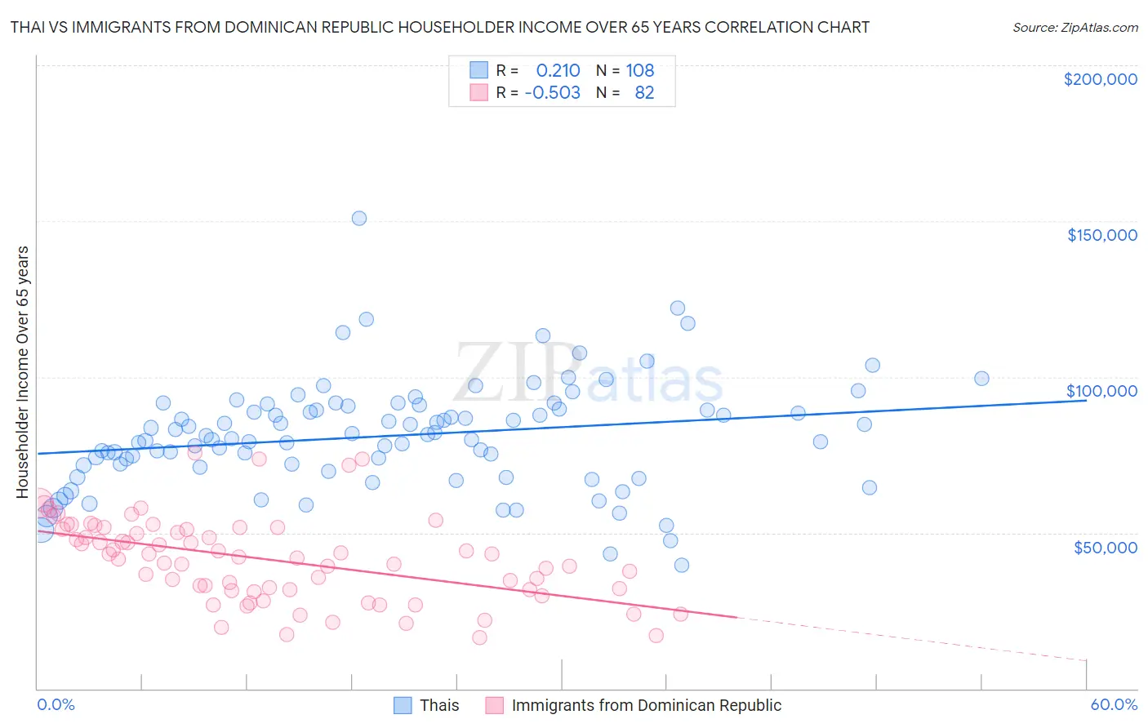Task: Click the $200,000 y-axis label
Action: tap(1100, 79)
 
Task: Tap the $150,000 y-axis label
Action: tap(1101, 235)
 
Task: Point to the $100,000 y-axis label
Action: tap(1101, 391)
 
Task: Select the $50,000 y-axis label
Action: tap(1105, 547)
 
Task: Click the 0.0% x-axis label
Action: tap(56, 704)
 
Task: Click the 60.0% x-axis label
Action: tap(1113, 704)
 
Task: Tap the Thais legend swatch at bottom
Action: tap(403, 705)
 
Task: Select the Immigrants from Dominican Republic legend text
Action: tap(646, 705)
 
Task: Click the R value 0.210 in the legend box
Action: tap(558, 70)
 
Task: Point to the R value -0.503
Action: tap(552, 92)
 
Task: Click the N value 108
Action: tap(639, 70)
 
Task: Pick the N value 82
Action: tap(644, 92)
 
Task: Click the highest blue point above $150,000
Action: tap(358, 218)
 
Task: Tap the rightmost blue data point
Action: tap(981, 378)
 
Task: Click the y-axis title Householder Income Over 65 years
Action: tap(23, 371)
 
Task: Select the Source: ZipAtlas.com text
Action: tap(1075, 27)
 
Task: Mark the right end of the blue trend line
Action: tap(1087, 400)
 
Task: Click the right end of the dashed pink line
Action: tap(1087, 660)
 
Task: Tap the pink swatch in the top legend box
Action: tap(478, 92)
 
